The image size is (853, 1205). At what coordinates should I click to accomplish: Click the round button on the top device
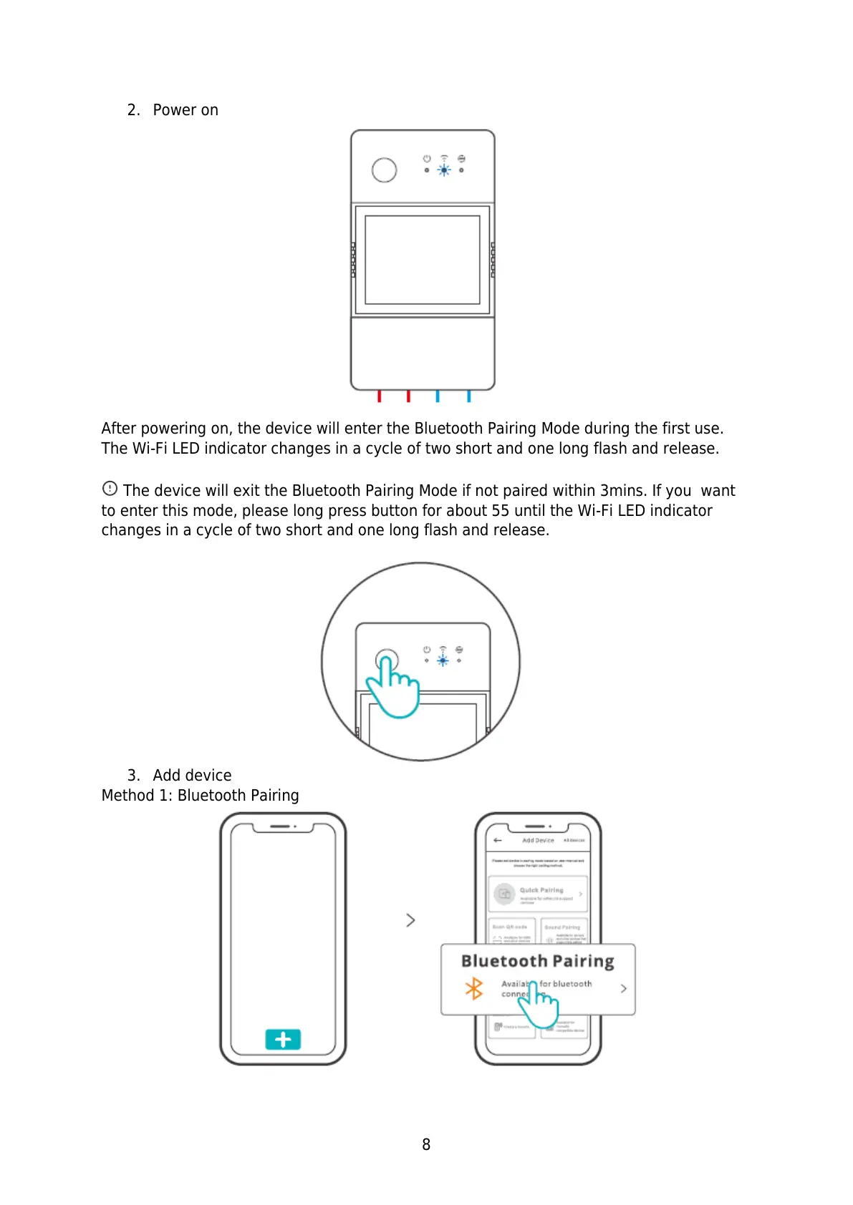click(384, 170)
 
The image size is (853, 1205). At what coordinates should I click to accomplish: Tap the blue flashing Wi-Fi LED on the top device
click(444, 170)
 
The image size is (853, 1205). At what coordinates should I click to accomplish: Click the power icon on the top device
click(427, 158)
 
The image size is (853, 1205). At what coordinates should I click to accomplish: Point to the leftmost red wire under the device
click(379, 396)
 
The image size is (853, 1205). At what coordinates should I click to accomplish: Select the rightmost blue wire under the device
click(468, 396)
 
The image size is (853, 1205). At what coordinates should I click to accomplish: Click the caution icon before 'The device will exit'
click(110, 488)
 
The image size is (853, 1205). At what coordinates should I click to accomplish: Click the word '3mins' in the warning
click(623, 491)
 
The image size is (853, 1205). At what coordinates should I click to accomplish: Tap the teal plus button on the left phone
click(283, 1039)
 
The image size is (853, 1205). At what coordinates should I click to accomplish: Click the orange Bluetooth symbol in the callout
click(474, 989)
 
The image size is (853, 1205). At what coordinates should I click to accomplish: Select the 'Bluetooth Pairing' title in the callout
click(537, 961)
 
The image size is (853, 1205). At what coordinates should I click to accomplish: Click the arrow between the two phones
click(410, 919)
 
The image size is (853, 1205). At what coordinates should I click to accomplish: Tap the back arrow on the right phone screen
click(498, 840)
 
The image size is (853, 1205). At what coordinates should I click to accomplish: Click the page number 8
click(426, 1144)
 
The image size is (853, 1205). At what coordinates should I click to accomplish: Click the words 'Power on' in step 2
click(185, 110)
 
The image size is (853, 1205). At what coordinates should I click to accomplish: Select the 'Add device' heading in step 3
click(192, 776)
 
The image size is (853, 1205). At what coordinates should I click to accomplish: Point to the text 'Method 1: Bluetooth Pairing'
click(200, 796)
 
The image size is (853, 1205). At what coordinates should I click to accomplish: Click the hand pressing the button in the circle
click(392, 687)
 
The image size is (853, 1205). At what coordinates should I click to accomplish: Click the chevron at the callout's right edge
click(623, 988)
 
